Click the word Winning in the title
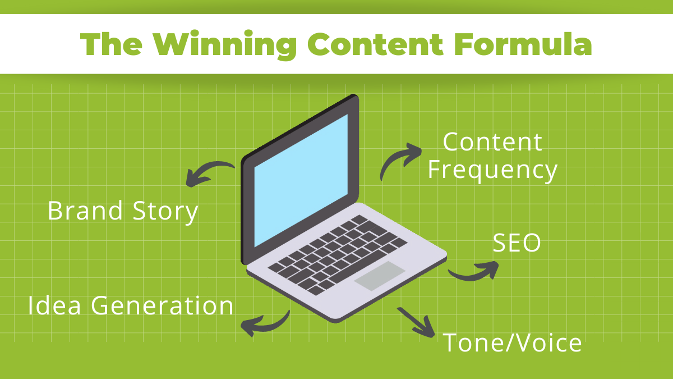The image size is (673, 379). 225,45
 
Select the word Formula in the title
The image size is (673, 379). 523,44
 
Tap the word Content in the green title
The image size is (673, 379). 375,44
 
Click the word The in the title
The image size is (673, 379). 111,44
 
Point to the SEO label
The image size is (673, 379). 517,243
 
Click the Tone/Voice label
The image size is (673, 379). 512,343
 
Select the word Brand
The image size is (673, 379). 85,211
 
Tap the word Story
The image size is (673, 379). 165,212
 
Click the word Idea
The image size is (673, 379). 54,305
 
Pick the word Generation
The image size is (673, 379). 162,305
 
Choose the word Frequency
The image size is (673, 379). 492,171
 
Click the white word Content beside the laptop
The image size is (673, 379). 492,142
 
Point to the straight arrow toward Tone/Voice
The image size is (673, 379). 416,322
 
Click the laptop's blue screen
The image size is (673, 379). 301,180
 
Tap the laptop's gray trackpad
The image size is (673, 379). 380,276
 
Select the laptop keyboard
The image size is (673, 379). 338,255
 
